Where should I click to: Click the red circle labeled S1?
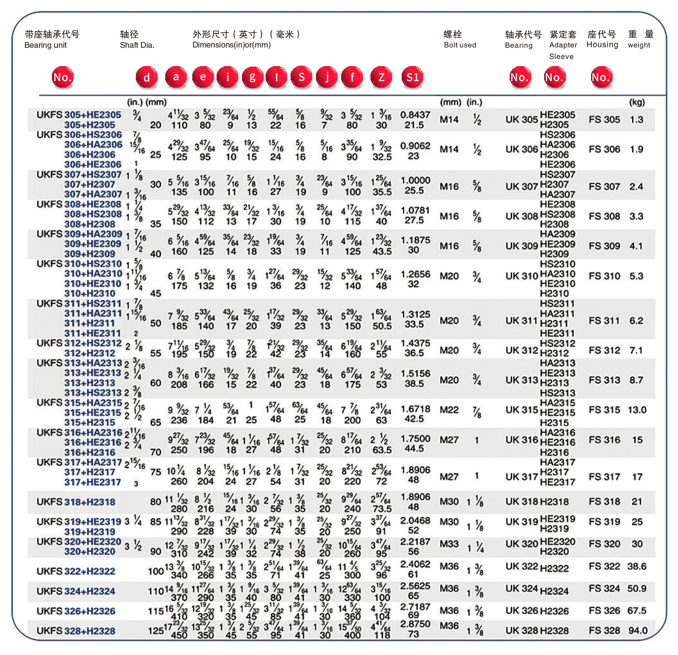[x=412, y=77]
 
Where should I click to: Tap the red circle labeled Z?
[x=381, y=77]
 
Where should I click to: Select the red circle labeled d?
[x=147, y=77]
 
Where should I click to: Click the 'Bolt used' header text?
[x=460, y=45]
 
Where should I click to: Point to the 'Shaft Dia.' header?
[x=137, y=45]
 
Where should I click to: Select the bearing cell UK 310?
[x=522, y=276]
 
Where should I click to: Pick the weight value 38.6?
[x=637, y=566]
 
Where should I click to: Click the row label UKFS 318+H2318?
[x=76, y=502]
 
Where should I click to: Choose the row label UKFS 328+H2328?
[x=76, y=631]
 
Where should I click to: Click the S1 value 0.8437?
[x=415, y=115]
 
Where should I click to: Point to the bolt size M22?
[x=449, y=410]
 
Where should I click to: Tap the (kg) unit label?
[x=637, y=102]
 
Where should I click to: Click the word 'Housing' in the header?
[x=602, y=45]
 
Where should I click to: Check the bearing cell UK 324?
[x=522, y=588]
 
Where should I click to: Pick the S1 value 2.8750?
[x=415, y=624]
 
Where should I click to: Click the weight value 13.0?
[x=637, y=410]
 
